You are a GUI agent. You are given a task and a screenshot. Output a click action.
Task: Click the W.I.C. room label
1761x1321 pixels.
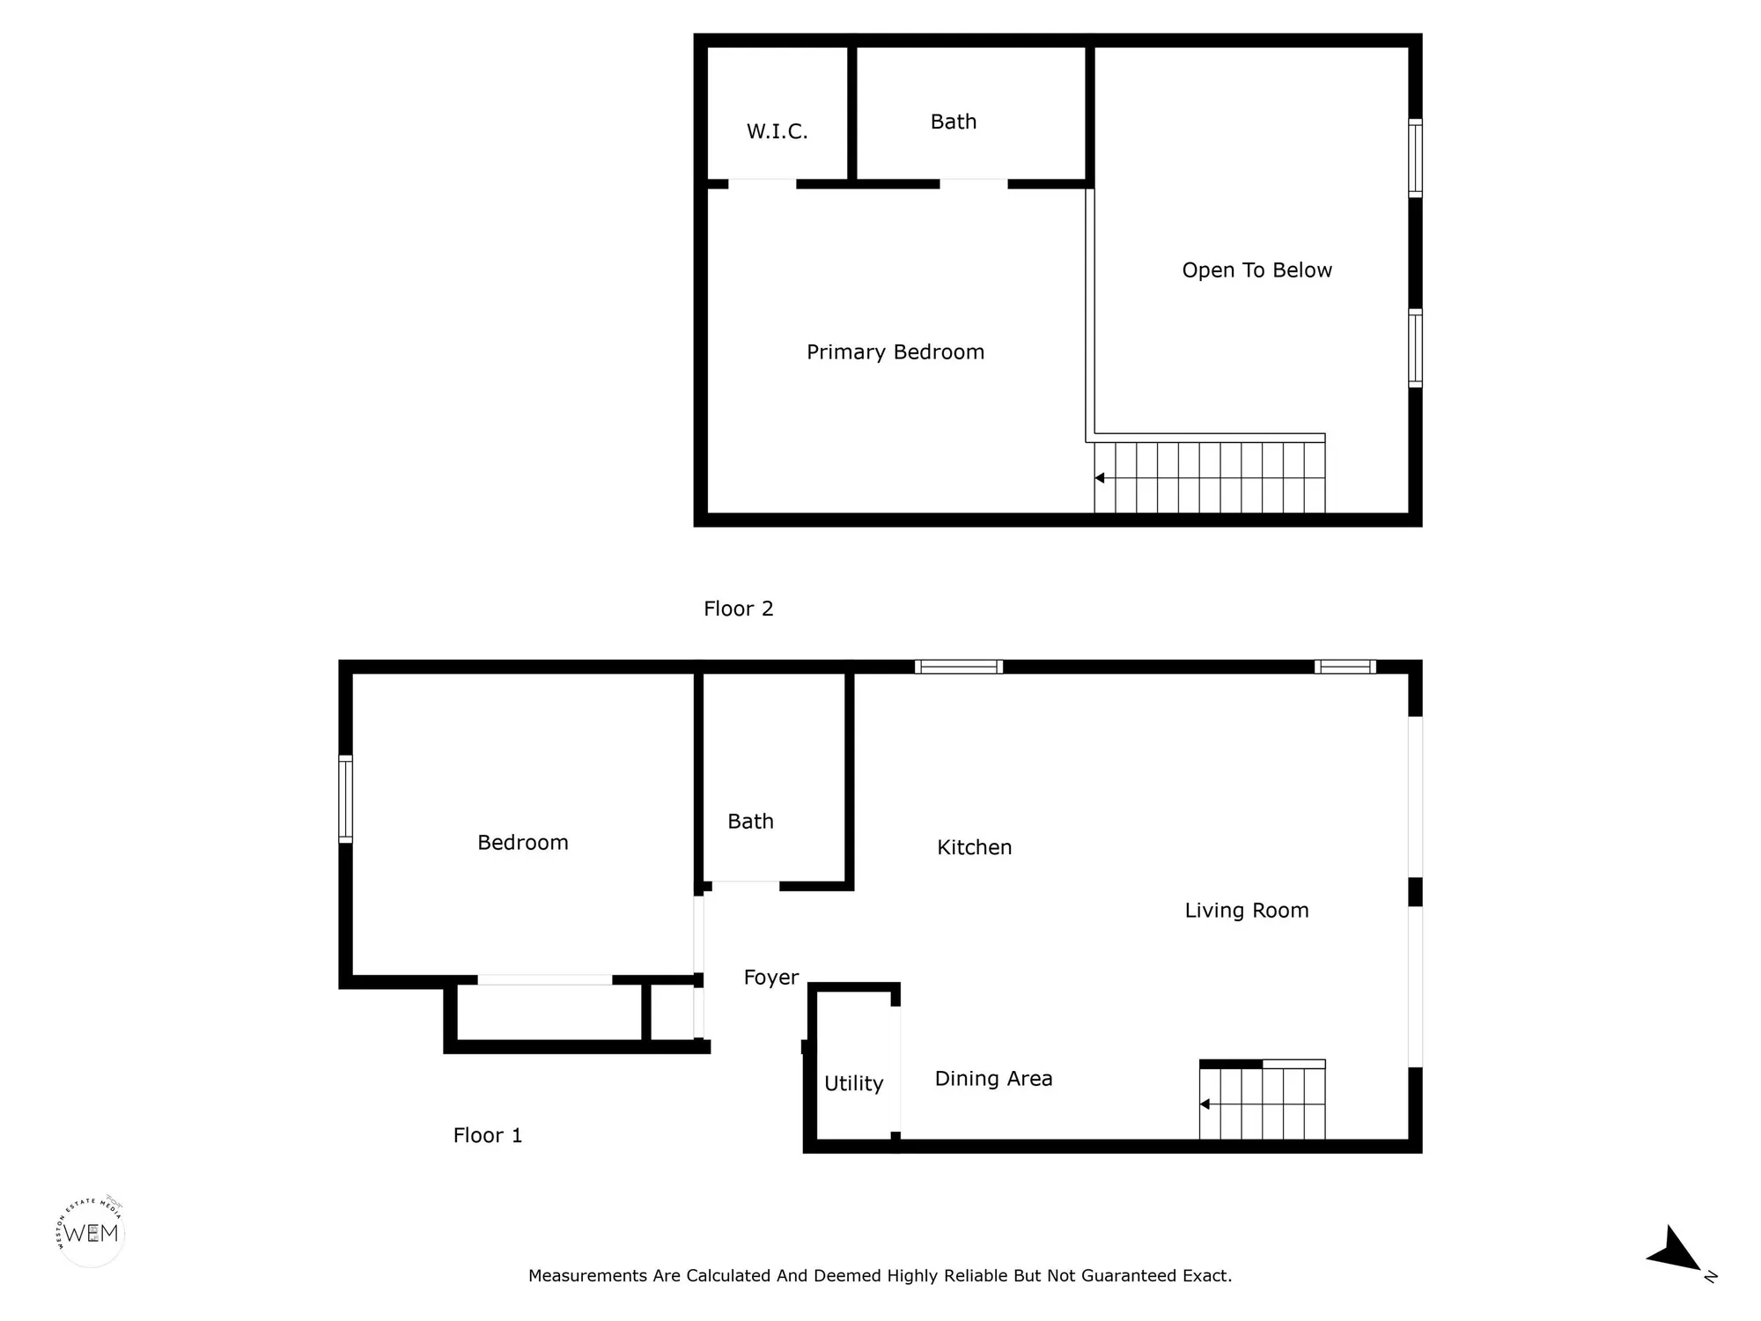pyautogui.click(x=777, y=132)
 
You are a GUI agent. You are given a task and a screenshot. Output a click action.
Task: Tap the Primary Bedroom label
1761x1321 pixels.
pyautogui.click(x=895, y=352)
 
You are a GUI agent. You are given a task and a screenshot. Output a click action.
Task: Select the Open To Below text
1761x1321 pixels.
pyautogui.click(x=1256, y=270)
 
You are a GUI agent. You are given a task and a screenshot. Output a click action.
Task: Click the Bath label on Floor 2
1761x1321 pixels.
pyautogui.click(x=954, y=122)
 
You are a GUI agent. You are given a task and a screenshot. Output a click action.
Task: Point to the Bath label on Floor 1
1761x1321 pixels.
pyautogui.click(x=750, y=822)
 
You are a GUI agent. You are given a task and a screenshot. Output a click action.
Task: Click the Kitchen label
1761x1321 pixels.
pyautogui.click(x=974, y=847)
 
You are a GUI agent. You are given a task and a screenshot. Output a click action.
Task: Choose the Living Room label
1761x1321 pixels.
pyautogui.click(x=1246, y=911)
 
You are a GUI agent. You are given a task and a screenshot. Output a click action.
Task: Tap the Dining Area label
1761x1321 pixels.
pyautogui.click(x=993, y=1079)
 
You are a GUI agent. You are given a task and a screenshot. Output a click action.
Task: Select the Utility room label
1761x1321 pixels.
pyautogui.click(x=853, y=1083)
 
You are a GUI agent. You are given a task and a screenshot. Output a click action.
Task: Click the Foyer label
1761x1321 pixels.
pyautogui.click(x=770, y=978)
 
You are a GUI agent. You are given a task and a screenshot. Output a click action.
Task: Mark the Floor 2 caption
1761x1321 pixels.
pyautogui.click(x=738, y=609)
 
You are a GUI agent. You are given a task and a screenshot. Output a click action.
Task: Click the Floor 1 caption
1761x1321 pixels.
pyautogui.click(x=487, y=1135)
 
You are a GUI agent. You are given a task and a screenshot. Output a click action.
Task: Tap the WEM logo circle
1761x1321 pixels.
pyautogui.click(x=91, y=1232)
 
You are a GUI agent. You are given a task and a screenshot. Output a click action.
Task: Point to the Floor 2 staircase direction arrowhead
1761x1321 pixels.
pyautogui.click(x=1100, y=478)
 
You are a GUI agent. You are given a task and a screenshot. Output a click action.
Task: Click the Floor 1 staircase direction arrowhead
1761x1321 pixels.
pyautogui.click(x=1205, y=1104)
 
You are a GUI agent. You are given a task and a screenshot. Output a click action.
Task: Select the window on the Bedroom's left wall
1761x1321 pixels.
pyautogui.click(x=346, y=799)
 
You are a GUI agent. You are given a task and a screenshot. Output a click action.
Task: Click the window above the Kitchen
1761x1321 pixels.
pyautogui.click(x=958, y=667)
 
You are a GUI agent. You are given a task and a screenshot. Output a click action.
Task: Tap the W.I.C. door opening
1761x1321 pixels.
pyautogui.click(x=762, y=184)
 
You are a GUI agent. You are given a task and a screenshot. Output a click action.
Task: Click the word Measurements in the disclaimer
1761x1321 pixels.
pyautogui.click(x=587, y=1275)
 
